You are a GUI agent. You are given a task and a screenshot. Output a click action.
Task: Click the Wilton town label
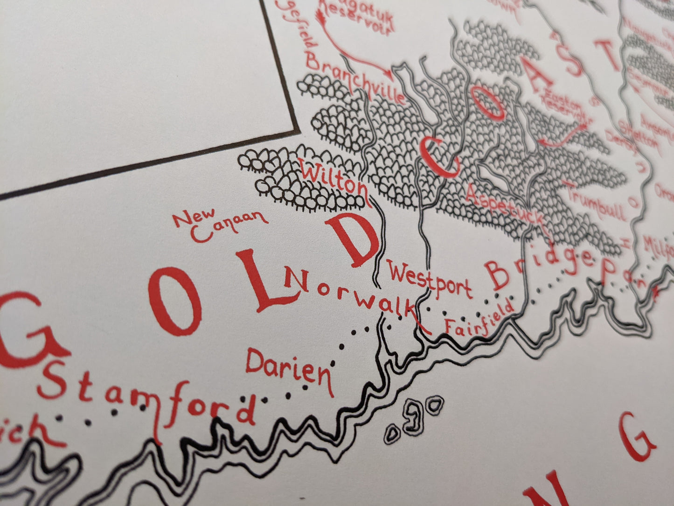335,179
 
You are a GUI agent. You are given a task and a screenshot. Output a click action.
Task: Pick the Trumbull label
595,201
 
